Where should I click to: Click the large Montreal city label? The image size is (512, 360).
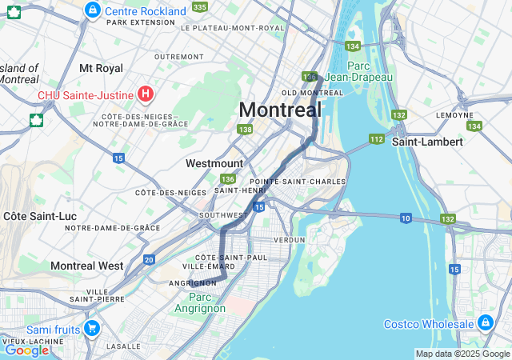point(280,109)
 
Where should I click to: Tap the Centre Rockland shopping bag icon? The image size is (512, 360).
point(93,10)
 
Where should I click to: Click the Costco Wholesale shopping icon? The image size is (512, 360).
point(485,323)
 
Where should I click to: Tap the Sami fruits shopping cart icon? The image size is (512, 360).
point(92,328)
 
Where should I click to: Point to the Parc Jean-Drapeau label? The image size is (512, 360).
point(370,71)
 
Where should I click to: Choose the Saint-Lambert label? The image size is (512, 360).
point(427,142)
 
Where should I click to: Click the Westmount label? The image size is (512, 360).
point(214,163)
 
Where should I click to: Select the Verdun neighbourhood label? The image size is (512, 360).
point(289,239)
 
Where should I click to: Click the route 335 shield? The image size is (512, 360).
point(199,7)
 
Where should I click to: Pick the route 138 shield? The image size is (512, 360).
point(245,130)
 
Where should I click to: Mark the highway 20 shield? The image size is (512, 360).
point(150,259)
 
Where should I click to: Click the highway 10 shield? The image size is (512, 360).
point(406,218)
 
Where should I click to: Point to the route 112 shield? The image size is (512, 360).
point(376,139)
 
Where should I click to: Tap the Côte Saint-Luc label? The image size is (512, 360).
point(34,216)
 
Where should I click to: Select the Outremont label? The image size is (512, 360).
point(178,57)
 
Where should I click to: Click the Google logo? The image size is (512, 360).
point(26,350)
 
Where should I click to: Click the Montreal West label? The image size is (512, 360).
point(86,266)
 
